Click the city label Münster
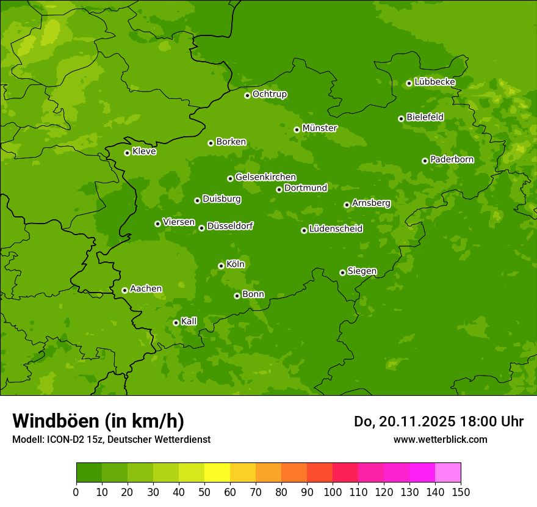(320, 128)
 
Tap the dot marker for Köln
(221, 266)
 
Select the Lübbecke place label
(434, 82)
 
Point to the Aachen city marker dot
(124, 290)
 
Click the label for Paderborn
(452, 159)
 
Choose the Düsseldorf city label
(229, 226)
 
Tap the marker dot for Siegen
(342, 272)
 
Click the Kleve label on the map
(144, 151)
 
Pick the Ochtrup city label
(269, 94)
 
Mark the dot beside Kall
(176, 323)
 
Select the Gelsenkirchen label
(265, 177)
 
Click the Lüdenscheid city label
(336, 229)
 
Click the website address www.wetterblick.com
(440, 439)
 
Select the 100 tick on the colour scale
(333, 492)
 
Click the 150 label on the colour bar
(461, 492)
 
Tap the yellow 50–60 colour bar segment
(217, 473)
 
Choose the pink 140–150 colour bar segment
(448, 473)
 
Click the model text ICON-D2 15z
(73, 439)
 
